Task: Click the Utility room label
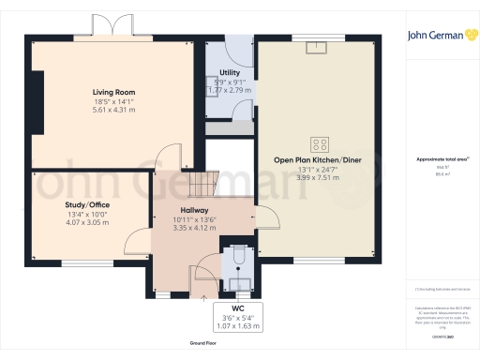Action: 229,72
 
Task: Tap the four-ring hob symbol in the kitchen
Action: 320,143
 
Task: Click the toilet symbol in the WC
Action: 237,256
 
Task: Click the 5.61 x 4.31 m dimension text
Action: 113,110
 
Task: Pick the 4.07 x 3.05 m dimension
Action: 86,223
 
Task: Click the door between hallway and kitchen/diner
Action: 265,216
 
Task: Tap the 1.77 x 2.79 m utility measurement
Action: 229,91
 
